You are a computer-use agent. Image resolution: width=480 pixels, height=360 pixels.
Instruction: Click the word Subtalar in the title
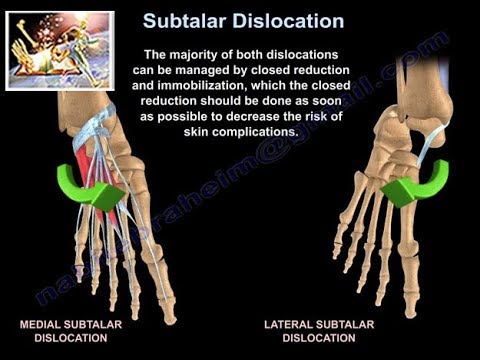click(190, 20)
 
